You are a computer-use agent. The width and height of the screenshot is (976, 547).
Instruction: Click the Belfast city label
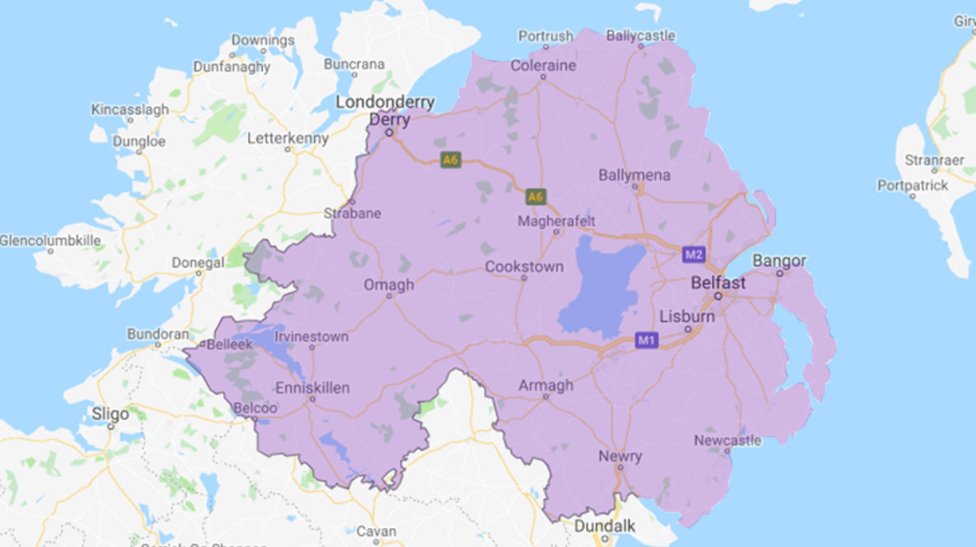(x=718, y=283)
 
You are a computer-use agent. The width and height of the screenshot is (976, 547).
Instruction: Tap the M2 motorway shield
(x=693, y=255)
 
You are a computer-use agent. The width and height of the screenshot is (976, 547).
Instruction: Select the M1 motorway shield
(x=647, y=339)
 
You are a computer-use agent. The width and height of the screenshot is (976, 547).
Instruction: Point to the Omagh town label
(x=389, y=285)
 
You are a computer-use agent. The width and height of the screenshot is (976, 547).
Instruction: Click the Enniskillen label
(x=313, y=387)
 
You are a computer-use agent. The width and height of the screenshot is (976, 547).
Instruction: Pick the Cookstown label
(x=524, y=267)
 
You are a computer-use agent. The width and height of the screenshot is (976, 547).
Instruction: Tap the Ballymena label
(x=635, y=175)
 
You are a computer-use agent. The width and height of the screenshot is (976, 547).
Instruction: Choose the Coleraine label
(x=543, y=65)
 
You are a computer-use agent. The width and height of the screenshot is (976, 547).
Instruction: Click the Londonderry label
(x=385, y=101)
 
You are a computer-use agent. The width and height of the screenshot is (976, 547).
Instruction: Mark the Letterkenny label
(x=288, y=138)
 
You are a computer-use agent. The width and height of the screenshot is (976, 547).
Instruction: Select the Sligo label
(x=111, y=413)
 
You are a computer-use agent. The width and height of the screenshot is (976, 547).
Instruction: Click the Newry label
(x=621, y=456)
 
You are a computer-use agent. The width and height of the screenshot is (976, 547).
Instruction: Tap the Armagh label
(x=546, y=386)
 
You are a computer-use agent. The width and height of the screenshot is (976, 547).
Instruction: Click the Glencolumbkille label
(x=50, y=241)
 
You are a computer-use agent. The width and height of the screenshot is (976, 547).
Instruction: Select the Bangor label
(x=779, y=261)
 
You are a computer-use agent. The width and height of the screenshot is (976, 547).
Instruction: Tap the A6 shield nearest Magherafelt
(x=536, y=196)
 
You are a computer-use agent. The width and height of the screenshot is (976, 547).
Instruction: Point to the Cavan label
(x=377, y=531)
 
